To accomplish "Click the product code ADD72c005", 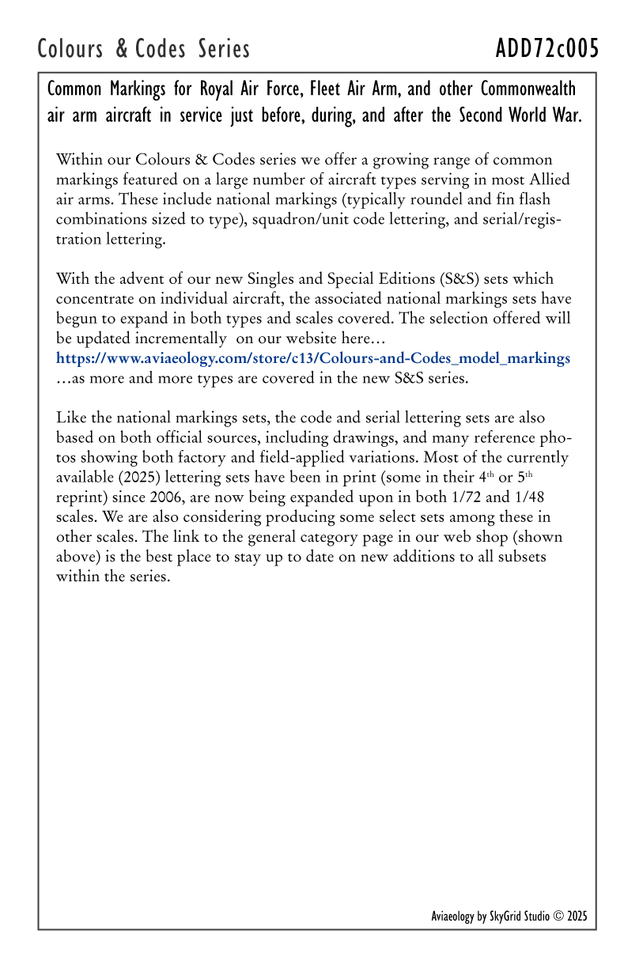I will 546,49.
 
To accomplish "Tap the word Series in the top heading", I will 224,49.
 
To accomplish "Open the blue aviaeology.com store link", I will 312,358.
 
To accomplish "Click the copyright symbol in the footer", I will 558,917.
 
